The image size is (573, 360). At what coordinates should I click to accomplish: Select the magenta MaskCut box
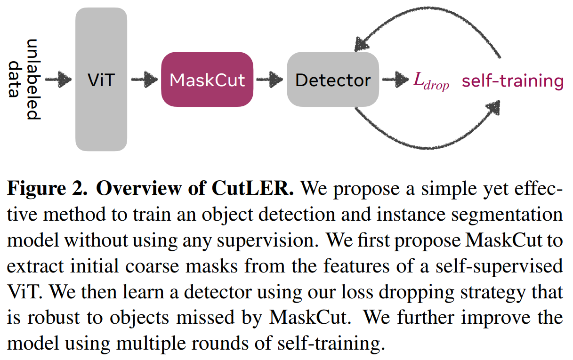pyautogui.click(x=207, y=80)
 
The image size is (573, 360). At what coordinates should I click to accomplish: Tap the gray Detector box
pyautogui.click(x=333, y=80)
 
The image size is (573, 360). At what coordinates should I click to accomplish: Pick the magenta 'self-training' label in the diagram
pyautogui.click(x=512, y=81)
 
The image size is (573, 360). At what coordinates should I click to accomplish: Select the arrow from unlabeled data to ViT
pyautogui.click(x=58, y=80)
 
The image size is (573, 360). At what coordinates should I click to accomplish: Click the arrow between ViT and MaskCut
pyautogui.click(x=144, y=80)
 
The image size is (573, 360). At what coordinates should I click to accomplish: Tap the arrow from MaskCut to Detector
pyautogui.click(x=270, y=80)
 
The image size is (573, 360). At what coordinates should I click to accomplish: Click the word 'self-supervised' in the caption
pyautogui.click(x=510, y=265)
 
